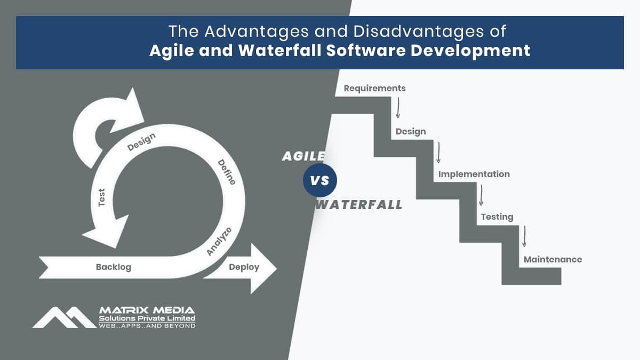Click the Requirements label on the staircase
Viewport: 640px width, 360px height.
[x=374, y=89]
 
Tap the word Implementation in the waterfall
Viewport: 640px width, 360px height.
[x=474, y=174]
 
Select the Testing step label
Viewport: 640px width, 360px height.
[x=497, y=217]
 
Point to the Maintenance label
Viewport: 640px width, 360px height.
[x=553, y=259]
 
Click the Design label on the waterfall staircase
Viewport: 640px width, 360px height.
[x=411, y=131]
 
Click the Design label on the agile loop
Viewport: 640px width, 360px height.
[x=141, y=142]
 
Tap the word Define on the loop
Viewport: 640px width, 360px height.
[x=227, y=172]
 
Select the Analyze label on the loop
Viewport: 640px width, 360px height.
[x=219, y=242]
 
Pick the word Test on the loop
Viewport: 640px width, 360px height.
[x=101, y=197]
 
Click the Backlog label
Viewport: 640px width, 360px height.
[x=114, y=267]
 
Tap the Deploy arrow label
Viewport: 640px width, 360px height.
[x=244, y=267]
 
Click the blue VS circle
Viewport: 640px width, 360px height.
[x=319, y=180]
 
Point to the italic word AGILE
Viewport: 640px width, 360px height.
[x=303, y=156]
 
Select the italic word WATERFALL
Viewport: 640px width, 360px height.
[x=359, y=205]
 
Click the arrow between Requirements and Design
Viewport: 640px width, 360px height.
[x=398, y=108]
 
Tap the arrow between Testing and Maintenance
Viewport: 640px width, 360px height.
[x=524, y=236]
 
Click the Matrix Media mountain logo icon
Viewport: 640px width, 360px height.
[x=65, y=317]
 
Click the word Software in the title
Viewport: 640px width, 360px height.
[x=366, y=51]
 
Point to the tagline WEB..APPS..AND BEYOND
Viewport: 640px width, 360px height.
[x=147, y=326]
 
